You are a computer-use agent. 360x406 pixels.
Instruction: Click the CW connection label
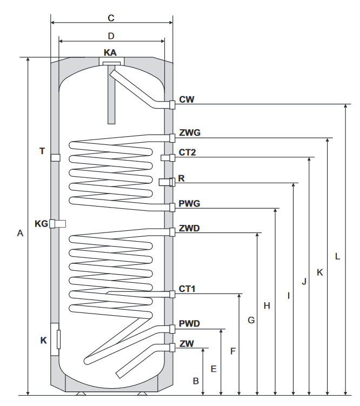[x=186, y=100]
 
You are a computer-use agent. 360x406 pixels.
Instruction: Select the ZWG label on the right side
[x=189, y=131]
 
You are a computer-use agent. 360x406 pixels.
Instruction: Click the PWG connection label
[x=190, y=204]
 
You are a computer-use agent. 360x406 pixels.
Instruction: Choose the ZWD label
[x=189, y=228]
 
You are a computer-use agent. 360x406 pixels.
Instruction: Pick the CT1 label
[x=187, y=289]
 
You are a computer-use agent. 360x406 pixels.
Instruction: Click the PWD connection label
[x=189, y=324]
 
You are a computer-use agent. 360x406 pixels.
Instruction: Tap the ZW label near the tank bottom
[x=186, y=343]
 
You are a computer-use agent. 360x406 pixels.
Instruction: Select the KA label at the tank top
[x=110, y=52]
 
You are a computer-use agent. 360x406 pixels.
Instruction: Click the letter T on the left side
[x=42, y=151]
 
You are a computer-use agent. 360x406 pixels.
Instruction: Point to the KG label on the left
[x=41, y=223]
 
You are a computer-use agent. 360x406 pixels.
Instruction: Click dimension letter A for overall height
[x=19, y=234]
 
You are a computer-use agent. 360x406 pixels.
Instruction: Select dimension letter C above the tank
[x=111, y=18]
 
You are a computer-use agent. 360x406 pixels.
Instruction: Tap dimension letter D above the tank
[x=111, y=36]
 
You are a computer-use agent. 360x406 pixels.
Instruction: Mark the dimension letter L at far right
[x=337, y=256]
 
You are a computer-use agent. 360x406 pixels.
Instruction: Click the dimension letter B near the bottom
[x=196, y=381]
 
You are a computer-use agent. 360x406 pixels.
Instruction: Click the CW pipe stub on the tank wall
[x=172, y=104]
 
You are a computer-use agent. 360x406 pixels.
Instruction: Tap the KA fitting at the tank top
[x=111, y=65]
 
